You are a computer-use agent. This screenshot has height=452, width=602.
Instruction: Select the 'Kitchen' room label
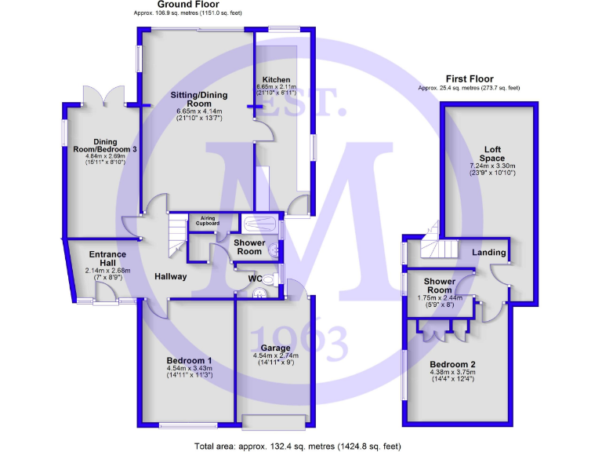click(x=277, y=80)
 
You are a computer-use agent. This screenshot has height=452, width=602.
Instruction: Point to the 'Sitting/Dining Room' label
click(x=199, y=100)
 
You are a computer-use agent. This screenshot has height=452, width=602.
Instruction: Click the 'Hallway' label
click(x=170, y=276)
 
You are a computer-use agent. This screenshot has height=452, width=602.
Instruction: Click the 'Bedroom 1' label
click(x=189, y=360)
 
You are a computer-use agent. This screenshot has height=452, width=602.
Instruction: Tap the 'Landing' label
click(x=488, y=252)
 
